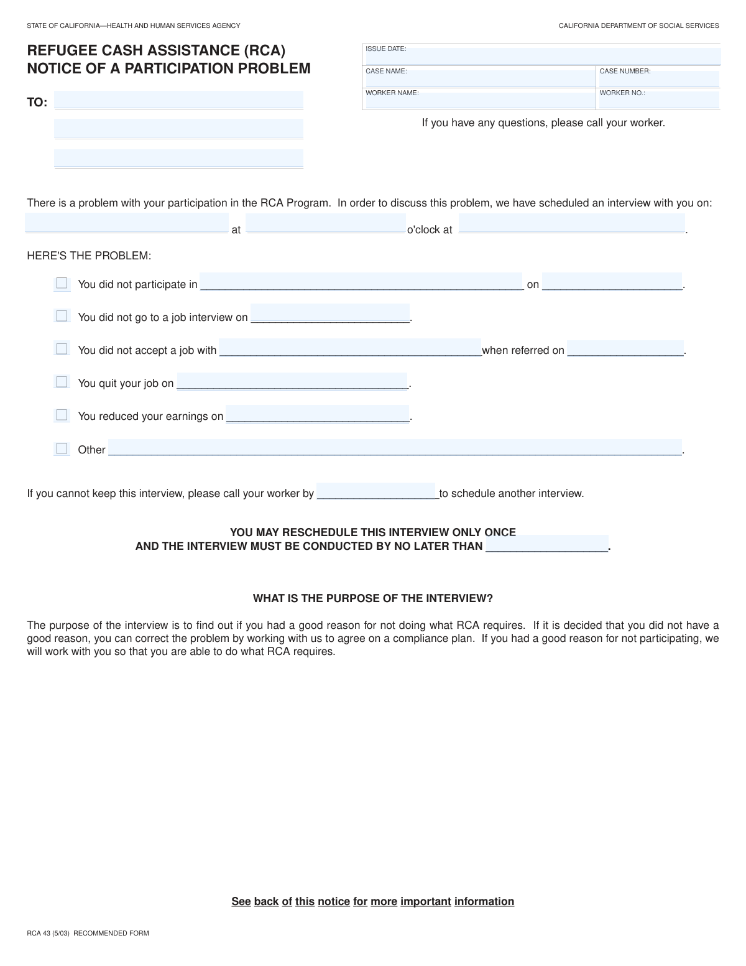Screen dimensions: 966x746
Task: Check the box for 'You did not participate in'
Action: [x=62, y=284]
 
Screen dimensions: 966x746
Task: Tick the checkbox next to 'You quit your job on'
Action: [x=62, y=382]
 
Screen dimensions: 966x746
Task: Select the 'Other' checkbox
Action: [x=62, y=448]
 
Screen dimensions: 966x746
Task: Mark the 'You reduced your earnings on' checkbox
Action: [x=62, y=415]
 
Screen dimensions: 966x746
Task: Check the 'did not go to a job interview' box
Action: [x=62, y=316]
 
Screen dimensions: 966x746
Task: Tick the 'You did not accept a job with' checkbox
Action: [x=62, y=349]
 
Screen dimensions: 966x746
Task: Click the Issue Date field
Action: [x=541, y=57]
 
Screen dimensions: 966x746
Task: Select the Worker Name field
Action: [x=479, y=101]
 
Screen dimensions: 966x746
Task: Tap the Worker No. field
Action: [x=658, y=101]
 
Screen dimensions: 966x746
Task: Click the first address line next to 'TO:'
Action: [x=178, y=100]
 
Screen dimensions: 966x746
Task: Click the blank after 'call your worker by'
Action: [x=376, y=491]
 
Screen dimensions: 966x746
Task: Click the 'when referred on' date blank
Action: [x=625, y=348]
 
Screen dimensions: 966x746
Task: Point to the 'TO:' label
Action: [x=37, y=103]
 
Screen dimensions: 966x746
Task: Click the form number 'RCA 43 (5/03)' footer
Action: [x=48, y=933]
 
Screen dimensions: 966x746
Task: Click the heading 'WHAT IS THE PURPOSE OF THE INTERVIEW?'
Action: [x=372, y=598]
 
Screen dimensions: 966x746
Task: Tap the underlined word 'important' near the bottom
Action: [x=425, y=901]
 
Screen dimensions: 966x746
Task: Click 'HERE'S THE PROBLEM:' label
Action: [x=89, y=256]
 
